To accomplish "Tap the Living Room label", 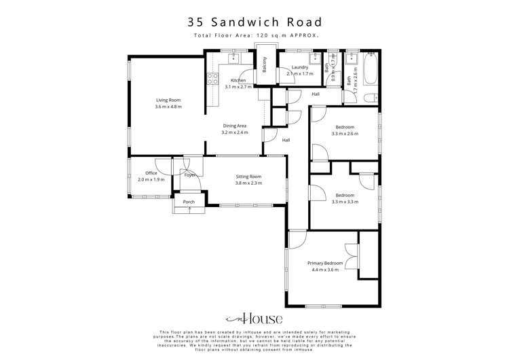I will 168,100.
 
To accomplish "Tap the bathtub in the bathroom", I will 371,71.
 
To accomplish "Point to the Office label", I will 151,173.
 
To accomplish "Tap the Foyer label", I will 190,175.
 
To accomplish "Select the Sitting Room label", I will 248,177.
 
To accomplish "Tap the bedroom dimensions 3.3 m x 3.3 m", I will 344,202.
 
